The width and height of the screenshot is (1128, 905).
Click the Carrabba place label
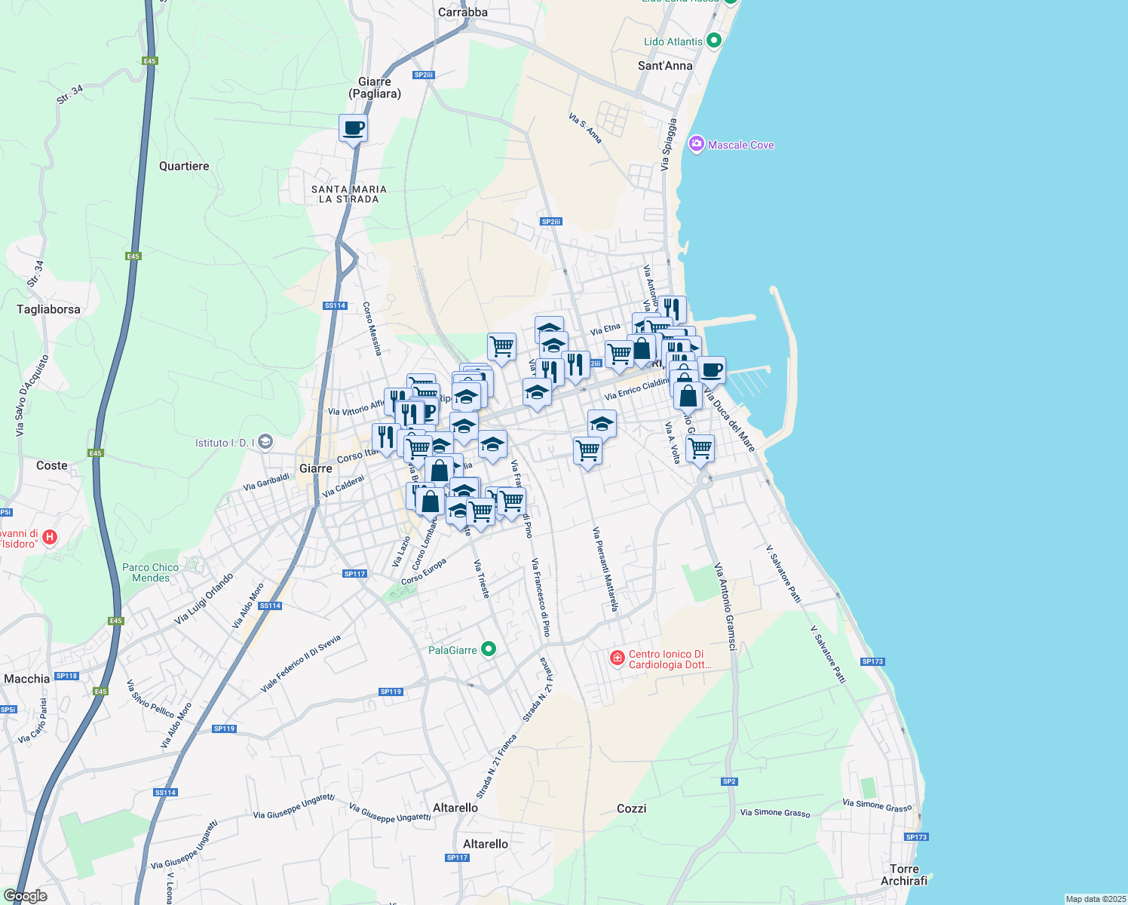462,12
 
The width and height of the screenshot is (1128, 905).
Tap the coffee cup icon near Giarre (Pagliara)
353,128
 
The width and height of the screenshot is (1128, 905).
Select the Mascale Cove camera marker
696,144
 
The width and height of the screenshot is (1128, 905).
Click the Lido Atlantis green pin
715,41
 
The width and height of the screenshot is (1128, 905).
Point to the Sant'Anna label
664,66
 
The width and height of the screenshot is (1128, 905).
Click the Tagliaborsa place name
48,308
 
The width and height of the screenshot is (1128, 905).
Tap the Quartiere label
184,166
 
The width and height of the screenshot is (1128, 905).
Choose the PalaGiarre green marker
489,649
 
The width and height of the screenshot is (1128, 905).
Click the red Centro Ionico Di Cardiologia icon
618,658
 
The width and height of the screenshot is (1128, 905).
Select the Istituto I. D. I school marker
265,442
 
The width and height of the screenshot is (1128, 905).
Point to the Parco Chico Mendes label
151,572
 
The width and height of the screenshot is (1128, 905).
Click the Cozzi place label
631,808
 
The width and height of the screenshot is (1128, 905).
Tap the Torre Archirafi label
904,875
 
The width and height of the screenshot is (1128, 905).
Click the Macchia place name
26,679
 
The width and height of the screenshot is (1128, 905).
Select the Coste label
52,465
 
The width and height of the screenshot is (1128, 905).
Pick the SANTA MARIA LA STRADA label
348,194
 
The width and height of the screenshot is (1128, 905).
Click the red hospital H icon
50,537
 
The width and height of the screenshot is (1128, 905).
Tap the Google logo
25,895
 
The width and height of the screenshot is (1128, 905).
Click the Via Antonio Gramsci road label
725,606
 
